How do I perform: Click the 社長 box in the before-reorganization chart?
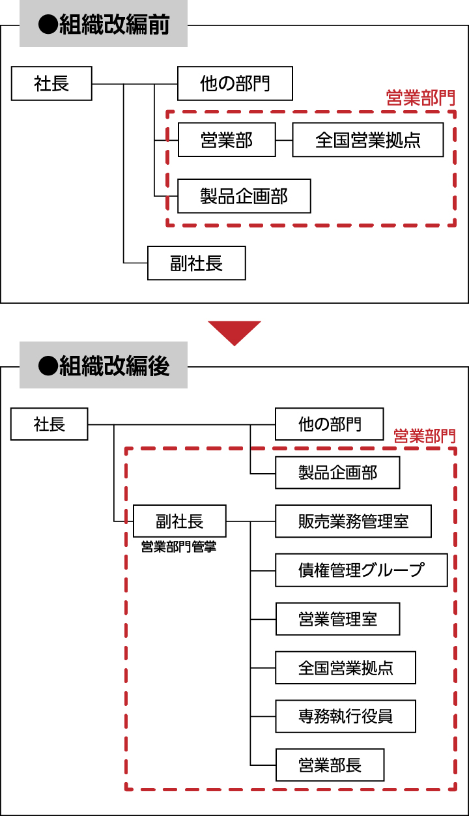pyautogui.click(x=52, y=83)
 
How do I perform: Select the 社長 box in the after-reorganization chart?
pyautogui.click(x=50, y=424)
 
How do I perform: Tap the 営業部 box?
pyautogui.click(x=227, y=139)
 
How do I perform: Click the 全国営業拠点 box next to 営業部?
pyautogui.click(x=368, y=140)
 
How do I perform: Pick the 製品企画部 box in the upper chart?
pyautogui.click(x=244, y=196)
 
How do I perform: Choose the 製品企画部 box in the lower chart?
pyautogui.click(x=337, y=473)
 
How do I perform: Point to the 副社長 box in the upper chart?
pyautogui.click(x=197, y=263)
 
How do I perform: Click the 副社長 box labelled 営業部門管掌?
pyautogui.click(x=180, y=521)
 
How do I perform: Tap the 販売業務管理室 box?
pyautogui.click(x=353, y=521)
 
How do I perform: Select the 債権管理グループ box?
pyautogui.click(x=362, y=570)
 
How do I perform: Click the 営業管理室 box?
pyautogui.click(x=337, y=619)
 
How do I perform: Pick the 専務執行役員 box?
pyautogui.click(x=345, y=716)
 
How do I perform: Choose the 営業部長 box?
pyautogui.click(x=330, y=765)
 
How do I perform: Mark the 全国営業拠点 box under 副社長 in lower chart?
pyautogui.click(x=345, y=667)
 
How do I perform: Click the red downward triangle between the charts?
pyautogui.click(x=234, y=331)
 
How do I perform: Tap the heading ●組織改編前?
pyautogui.click(x=104, y=25)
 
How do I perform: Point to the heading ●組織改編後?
pyautogui.click(x=104, y=366)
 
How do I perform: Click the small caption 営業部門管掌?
pyautogui.click(x=178, y=547)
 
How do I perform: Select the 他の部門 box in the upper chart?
pyautogui.click(x=235, y=83)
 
